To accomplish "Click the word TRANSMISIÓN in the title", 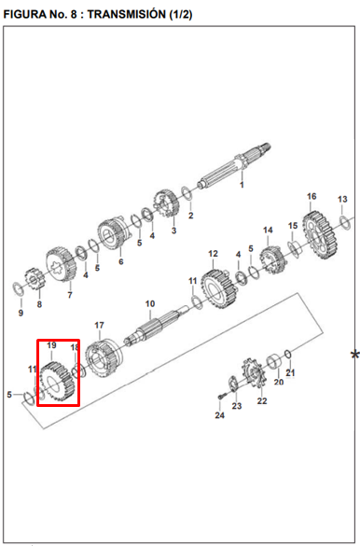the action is click(127, 14).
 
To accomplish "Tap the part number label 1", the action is click(242, 185).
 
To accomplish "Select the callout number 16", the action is click(312, 196).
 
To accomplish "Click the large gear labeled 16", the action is click(320, 236).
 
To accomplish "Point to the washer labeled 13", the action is click(345, 223).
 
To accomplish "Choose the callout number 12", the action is click(213, 254).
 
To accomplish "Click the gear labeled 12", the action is click(219, 288).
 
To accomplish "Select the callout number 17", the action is click(99, 325).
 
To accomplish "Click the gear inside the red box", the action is click(57, 382).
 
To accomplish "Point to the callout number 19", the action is click(51, 345).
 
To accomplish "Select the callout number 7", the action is click(70, 295).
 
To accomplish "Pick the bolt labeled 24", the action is click(221, 397).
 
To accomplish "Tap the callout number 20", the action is click(279, 382).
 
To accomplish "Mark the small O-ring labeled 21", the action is click(287, 354).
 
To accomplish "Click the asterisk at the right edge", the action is click(354, 356).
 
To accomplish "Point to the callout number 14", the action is click(268, 231).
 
